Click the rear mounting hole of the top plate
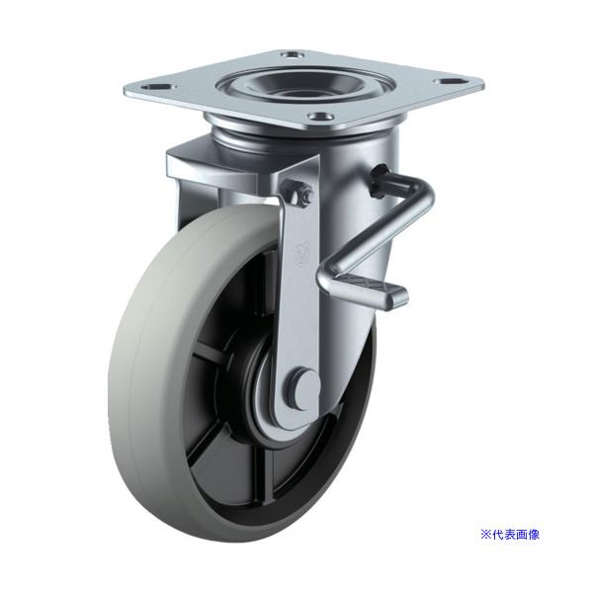(x=293, y=55)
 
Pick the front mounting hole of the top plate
(x=320, y=117)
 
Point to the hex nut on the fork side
(x=305, y=195)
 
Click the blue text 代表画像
(x=515, y=535)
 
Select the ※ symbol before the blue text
(x=485, y=535)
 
